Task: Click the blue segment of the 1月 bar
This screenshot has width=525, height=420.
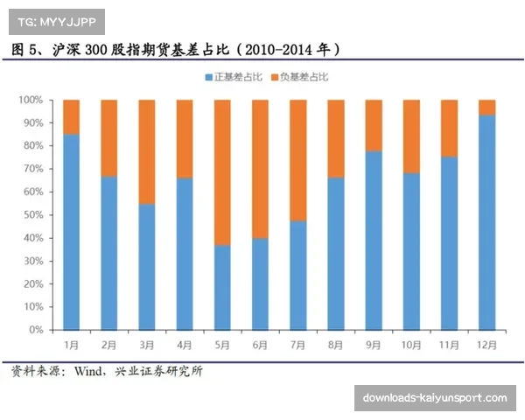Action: point(71,232)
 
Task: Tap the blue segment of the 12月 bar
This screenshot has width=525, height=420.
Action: point(486,222)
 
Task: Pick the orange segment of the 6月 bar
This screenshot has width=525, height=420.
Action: point(260,168)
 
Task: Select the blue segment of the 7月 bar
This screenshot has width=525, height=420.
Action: point(297,275)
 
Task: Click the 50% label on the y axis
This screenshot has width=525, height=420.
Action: point(33,214)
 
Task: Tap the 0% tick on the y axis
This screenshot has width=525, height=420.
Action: point(36,330)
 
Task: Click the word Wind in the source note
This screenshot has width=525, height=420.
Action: point(91,372)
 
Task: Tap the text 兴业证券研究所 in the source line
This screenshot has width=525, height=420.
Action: point(160,372)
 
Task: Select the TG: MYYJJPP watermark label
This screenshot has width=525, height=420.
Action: point(56,19)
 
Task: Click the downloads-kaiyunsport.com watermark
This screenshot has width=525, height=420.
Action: point(434,398)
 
